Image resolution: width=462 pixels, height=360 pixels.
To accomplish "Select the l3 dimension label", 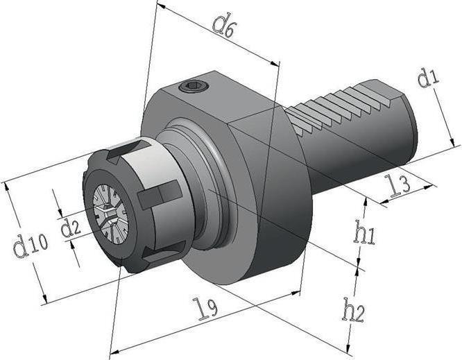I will (397, 186).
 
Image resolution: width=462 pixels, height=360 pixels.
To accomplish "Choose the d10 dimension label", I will (30, 245).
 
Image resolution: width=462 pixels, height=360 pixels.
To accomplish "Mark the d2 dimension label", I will (70, 227).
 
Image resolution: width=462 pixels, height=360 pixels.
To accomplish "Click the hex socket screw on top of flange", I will (194, 87).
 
